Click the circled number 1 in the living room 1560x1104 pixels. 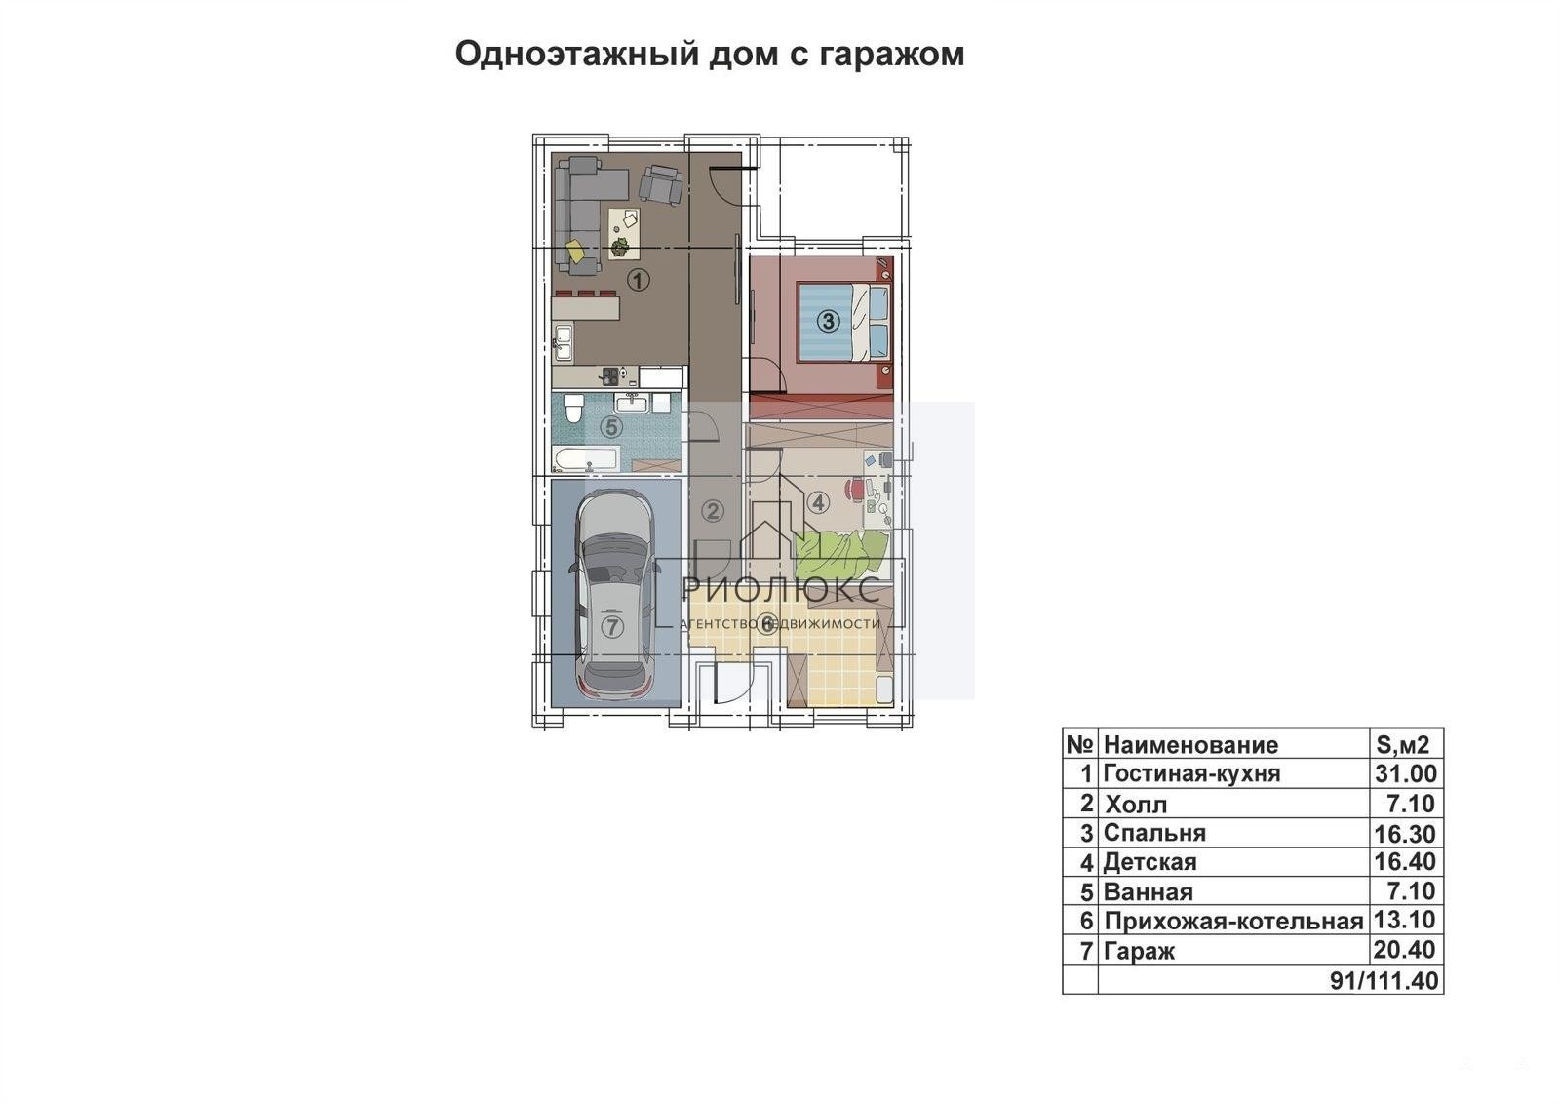click(x=638, y=281)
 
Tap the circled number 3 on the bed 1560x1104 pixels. click(x=828, y=321)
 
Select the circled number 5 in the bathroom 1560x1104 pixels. click(x=611, y=427)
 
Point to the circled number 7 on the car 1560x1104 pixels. click(x=611, y=627)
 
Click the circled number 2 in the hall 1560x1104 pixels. click(x=712, y=511)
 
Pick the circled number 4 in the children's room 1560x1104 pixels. click(x=818, y=502)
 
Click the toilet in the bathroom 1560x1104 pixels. click(x=574, y=409)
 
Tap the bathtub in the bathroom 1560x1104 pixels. click(x=585, y=459)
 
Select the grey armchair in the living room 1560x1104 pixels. click(x=661, y=184)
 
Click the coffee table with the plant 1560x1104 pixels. click(x=625, y=233)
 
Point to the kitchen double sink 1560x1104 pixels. click(x=563, y=343)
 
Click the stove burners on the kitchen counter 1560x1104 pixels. click(x=610, y=376)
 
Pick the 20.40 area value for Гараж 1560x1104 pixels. click(x=1405, y=949)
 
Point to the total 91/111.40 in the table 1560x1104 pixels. click(x=1384, y=980)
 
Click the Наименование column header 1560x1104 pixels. click(x=1190, y=744)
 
